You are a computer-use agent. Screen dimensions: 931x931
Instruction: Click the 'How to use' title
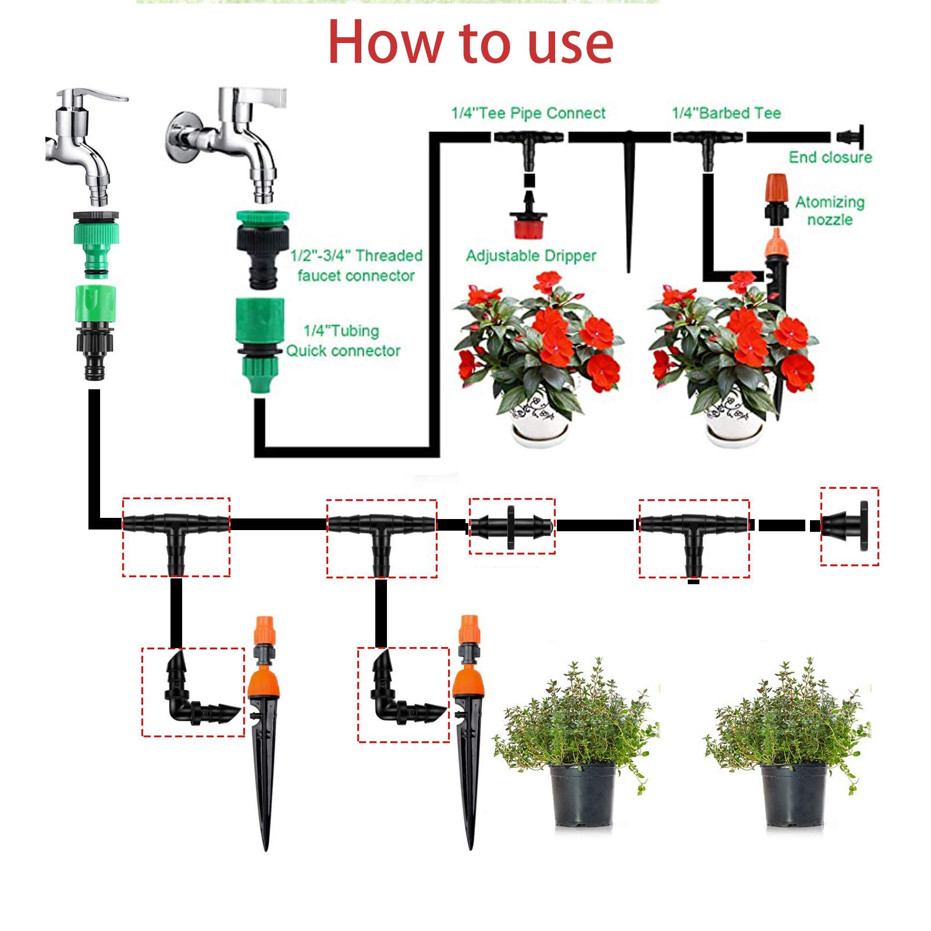[470, 42]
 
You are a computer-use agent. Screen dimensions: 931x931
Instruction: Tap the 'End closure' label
[830, 157]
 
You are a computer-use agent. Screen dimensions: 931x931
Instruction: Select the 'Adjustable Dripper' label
[531, 256]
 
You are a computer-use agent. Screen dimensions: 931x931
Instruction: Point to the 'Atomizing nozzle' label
[830, 211]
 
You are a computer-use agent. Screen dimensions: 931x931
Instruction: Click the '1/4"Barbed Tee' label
[726, 113]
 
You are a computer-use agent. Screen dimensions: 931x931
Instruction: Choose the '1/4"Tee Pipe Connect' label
[528, 113]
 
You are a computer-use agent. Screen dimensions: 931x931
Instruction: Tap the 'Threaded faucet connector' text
[356, 265]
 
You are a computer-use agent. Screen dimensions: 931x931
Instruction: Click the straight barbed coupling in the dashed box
[511, 527]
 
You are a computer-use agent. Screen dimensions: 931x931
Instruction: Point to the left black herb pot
[582, 794]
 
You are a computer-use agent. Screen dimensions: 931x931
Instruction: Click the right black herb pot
[793, 794]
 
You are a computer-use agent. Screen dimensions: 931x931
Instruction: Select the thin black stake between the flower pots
[629, 204]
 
